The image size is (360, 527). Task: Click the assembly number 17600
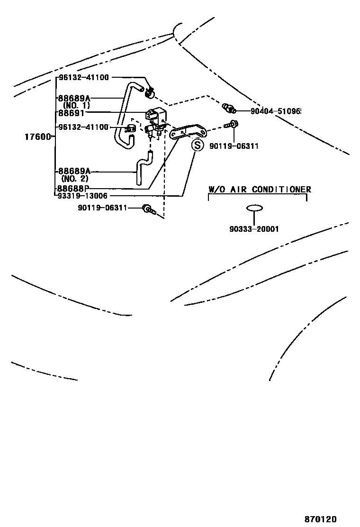[37, 137]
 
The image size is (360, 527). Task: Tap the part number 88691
[71, 113]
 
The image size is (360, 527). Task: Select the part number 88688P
[74, 189]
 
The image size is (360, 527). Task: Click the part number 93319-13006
[82, 196]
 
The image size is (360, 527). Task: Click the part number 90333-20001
[254, 229]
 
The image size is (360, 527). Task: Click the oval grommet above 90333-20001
[254, 208]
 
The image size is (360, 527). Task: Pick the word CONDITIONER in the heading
[281, 190]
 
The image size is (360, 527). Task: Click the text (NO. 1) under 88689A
[76, 105]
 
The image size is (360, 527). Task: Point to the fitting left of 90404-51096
[228, 108]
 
